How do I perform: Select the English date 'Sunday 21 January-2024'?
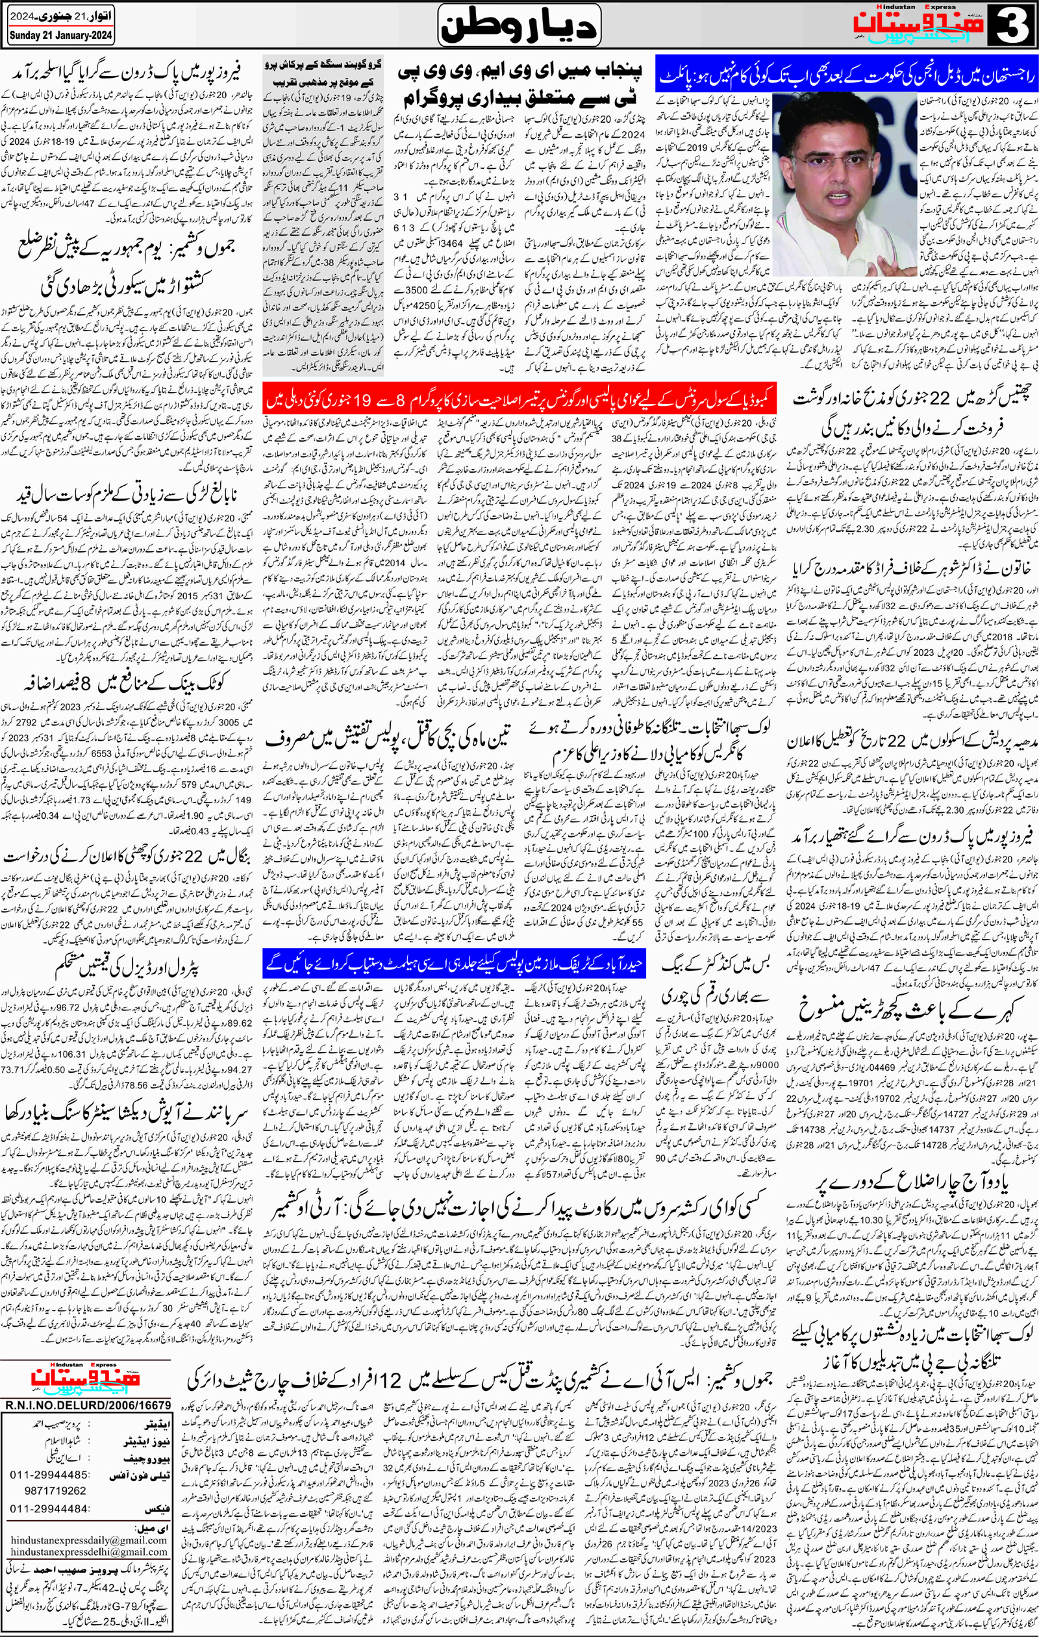[61, 36]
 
